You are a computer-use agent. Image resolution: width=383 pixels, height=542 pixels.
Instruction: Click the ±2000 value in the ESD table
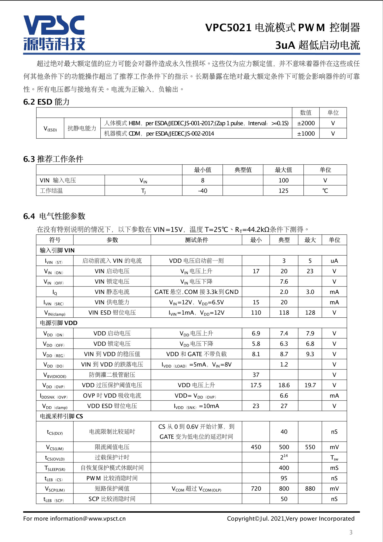(306, 123)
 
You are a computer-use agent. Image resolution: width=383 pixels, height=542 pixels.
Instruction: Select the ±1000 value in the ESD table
(306, 133)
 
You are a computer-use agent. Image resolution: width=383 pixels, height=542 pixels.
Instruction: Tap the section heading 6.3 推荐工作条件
(53, 159)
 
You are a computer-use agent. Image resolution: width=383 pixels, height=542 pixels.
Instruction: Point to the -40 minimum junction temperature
(203, 191)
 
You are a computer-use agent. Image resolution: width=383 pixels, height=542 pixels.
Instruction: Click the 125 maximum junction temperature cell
(283, 191)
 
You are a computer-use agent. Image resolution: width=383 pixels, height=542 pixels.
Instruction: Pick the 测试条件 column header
(196, 240)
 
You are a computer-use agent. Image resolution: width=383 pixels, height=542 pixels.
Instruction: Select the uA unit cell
(334, 261)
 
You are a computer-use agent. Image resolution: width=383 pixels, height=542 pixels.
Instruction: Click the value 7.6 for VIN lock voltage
(284, 282)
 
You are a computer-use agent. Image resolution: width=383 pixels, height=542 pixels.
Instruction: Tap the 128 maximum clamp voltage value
(310, 312)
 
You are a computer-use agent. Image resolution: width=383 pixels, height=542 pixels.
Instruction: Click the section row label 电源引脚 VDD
(59, 323)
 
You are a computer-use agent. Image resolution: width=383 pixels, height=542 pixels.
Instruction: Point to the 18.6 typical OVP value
(284, 385)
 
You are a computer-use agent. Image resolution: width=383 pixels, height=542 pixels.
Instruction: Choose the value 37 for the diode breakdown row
(256, 375)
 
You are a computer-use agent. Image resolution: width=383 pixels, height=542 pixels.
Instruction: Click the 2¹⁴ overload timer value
(284, 457)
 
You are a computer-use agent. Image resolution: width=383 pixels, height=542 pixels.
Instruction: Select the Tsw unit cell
(334, 458)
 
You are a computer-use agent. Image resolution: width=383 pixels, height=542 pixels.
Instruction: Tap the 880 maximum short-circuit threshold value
(310, 488)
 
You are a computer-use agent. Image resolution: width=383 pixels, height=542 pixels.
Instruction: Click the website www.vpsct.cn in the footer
(107, 519)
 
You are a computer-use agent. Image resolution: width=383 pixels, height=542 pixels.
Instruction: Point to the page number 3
(351, 532)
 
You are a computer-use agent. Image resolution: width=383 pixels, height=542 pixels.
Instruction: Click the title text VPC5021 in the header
(228, 28)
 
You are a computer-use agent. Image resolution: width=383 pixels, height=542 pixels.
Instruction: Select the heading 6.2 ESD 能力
(46, 102)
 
